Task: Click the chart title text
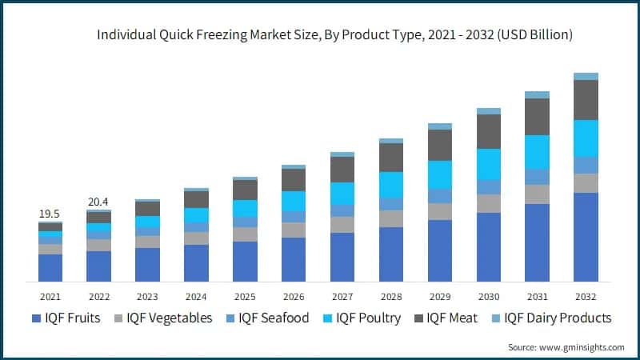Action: tap(334, 35)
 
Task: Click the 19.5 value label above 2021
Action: tap(50, 214)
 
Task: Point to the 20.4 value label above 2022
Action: tap(98, 202)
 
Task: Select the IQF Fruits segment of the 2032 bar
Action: tap(586, 237)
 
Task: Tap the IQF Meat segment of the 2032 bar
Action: tap(586, 100)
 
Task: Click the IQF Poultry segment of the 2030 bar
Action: tap(488, 164)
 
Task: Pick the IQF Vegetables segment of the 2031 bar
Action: tap(537, 194)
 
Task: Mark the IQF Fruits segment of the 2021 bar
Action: tap(50, 267)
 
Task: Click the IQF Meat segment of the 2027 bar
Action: tap(342, 169)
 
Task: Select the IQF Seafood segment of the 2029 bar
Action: tap(439, 196)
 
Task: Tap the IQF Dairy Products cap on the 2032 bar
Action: tap(586, 76)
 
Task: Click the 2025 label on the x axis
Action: tap(245, 296)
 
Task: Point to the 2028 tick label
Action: tap(391, 296)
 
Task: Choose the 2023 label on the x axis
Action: tap(147, 296)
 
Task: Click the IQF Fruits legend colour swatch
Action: tap(37, 318)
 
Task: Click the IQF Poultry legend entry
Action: tap(364, 318)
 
